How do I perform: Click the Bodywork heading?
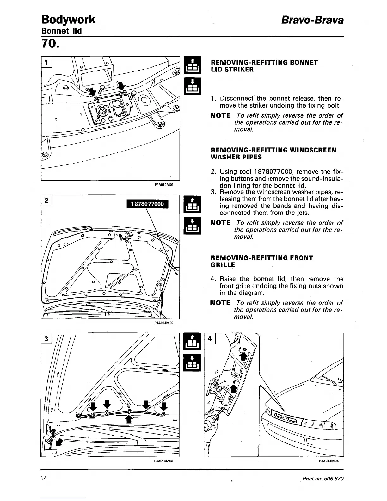tap(68, 20)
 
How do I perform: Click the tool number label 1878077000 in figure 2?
tap(147, 204)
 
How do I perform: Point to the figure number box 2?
tap(46, 201)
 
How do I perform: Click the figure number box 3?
tap(46, 338)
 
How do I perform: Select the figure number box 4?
tap(210, 338)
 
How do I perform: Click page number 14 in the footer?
tap(44, 479)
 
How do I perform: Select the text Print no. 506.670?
tap(323, 479)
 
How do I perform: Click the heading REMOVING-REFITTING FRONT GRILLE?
tap(261, 261)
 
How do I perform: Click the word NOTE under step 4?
tap(220, 303)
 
